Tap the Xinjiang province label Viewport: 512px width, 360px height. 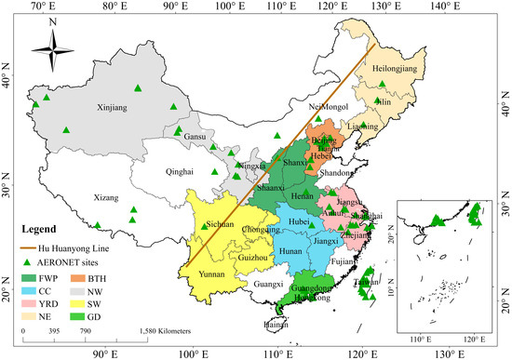pos(113,109)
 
